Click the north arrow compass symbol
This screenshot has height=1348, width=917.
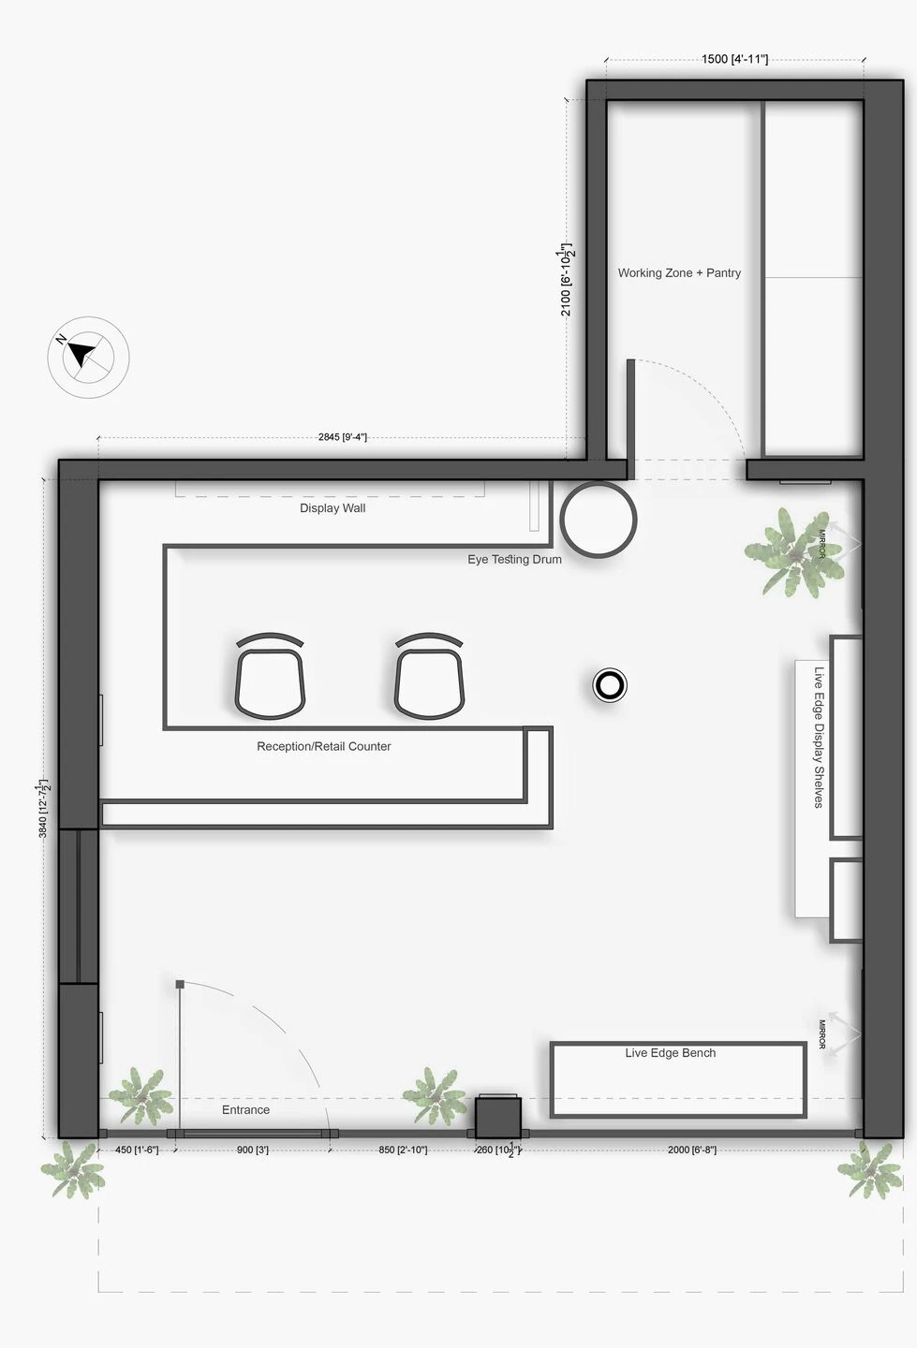(x=88, y=357)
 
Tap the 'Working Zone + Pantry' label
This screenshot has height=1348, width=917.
(x=679, y=273)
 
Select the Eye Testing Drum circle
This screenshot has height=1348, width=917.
(x=599, y=520)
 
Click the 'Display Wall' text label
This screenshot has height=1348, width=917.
(x=333, y=508)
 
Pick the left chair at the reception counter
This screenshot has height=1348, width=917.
(x=270, y=677)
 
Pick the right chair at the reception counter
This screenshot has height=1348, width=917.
(x=429, y=677)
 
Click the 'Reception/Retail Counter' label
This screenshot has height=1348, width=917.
(x=323, y=746)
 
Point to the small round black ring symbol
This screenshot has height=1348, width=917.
(x=610, y=685)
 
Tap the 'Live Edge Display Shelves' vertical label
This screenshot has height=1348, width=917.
(x=819, y=737)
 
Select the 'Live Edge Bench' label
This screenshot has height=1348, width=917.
(x=670, y=1053)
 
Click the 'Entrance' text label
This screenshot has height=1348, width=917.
(x=245, y=1110)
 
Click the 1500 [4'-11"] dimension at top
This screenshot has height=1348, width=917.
(x=734, y=60)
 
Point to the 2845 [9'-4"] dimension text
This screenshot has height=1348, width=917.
(x=342, y=437)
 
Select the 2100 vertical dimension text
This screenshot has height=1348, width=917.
(x=566, y=280)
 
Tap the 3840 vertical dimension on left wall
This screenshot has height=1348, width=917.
(x=43, y=807)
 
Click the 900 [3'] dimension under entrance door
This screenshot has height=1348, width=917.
(x=252, y=1150)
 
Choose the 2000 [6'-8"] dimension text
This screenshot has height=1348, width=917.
(x=691, y=1150)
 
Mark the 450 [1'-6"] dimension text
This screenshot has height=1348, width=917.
(x=136, y=1150)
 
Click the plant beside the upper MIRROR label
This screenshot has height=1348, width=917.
(x=788, y=552)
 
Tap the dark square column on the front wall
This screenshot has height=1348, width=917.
(x=497, y=1118)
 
